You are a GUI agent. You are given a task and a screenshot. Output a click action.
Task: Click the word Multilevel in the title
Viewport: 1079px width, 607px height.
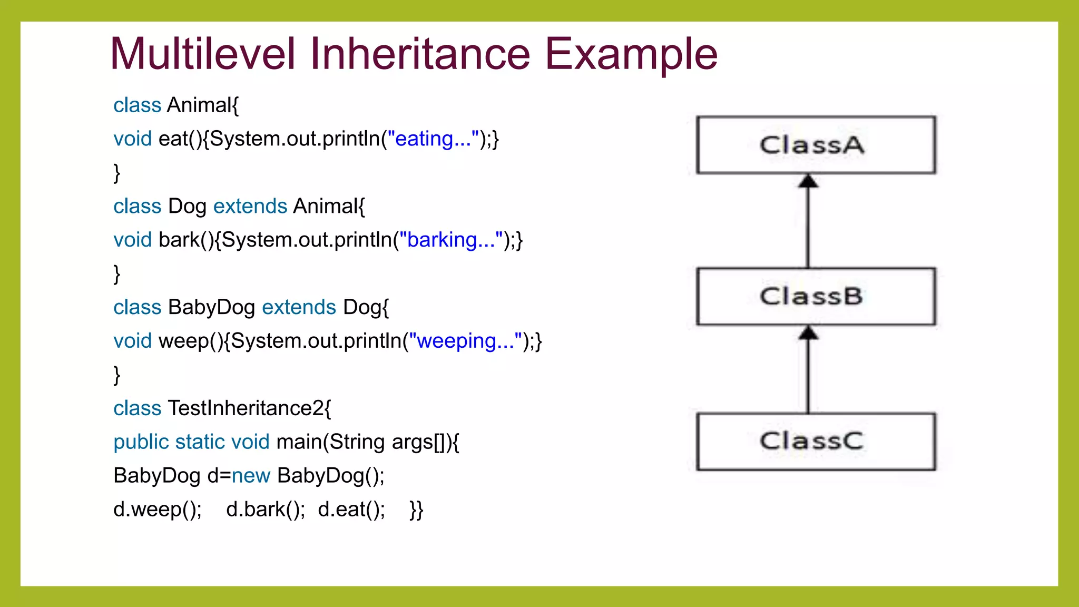tap(203, 54)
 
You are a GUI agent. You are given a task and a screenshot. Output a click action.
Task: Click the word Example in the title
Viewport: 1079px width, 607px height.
tap(631, 55)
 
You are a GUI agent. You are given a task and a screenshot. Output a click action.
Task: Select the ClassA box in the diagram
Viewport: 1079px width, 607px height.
tap(816, 145)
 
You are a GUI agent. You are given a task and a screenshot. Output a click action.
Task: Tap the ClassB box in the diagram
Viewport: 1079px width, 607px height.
tap(816, 296)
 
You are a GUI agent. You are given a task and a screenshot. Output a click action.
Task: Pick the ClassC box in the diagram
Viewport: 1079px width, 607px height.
tap(816, 442)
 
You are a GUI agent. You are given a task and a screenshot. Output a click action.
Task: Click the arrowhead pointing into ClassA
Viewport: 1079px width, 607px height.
tap(808, 182)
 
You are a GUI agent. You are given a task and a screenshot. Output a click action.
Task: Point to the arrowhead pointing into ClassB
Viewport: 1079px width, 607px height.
tap(808, 333)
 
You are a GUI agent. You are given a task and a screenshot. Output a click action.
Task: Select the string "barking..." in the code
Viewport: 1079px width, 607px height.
tap(451, 240)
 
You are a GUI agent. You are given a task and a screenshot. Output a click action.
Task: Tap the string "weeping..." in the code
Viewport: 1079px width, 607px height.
tap(466, 341)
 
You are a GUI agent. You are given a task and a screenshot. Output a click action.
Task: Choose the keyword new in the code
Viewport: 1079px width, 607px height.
tap(251, 476)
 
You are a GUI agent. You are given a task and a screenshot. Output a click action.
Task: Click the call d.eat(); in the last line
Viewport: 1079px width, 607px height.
tap(351, 510)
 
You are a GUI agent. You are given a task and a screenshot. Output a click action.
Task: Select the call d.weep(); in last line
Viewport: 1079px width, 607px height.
tap(158, 510)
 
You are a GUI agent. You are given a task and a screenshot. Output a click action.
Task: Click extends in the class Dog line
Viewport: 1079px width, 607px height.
tap(250, 206)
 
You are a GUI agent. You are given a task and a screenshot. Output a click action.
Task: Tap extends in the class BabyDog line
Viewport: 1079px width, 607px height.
tap(299, 307)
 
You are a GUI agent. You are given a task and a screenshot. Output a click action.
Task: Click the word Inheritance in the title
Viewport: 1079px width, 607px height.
tap(420, 54)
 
